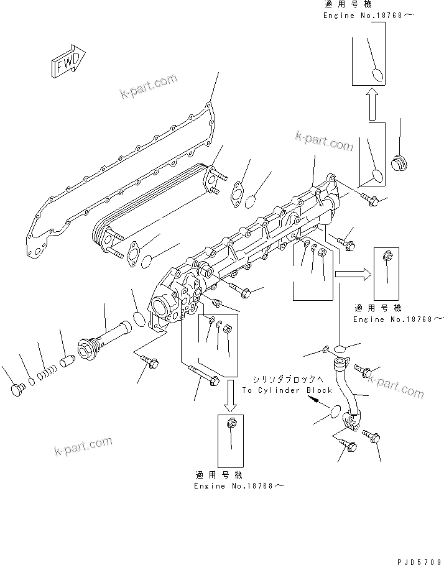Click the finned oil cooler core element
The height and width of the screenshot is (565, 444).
[152, 205]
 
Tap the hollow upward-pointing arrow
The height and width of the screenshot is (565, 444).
[371, 104]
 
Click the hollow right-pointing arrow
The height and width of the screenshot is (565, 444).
[352, 273]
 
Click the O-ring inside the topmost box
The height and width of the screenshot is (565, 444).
[376, 75]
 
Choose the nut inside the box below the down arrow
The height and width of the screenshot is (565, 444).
[231, 424]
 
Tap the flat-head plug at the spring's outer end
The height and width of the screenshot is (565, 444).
[18, 389]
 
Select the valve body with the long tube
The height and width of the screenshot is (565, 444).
[103, 339]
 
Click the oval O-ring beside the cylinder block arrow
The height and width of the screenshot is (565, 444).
[334, 411]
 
